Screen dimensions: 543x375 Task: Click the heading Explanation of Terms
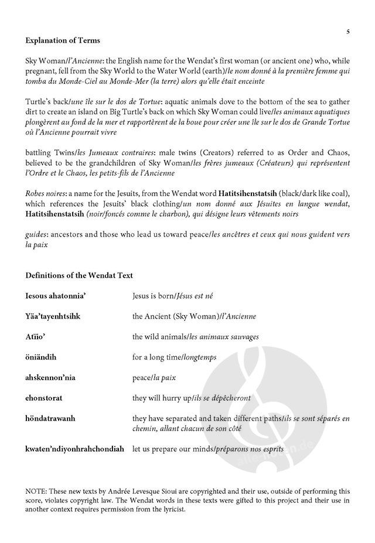(63, 40)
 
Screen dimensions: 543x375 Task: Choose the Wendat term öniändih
(41, 357)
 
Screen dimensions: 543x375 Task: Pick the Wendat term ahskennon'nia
(50, 377)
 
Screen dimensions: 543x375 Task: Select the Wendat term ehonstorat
(45, 398)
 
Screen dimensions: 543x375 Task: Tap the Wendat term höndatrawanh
(50, 418)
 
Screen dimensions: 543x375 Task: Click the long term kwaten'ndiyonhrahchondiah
(75, 449)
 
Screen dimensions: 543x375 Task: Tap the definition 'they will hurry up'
(162, 398)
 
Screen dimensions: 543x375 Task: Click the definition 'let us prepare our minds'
(175, 449)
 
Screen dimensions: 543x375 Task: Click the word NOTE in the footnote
(36, 491)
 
